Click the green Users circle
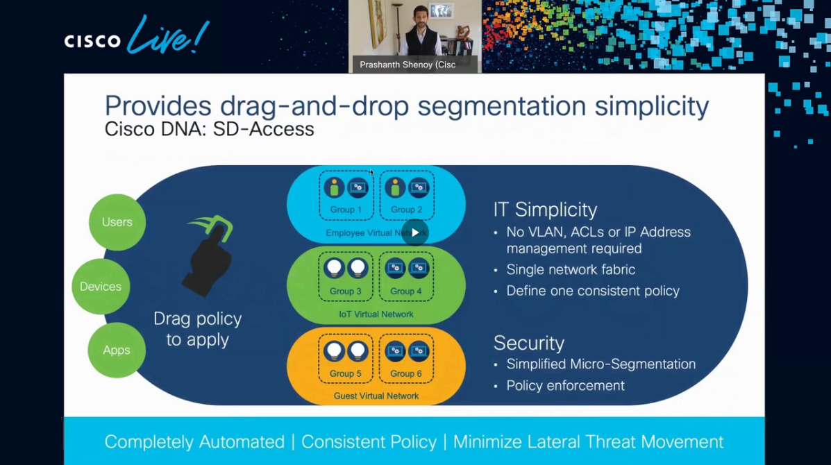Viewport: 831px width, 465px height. click(x=117, y=222)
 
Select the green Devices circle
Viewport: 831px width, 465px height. click(x=101, y=286)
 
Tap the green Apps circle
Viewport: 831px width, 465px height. click(x=117, y=350)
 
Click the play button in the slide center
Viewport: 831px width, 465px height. click(x=415, y=232)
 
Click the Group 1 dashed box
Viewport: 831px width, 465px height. click(x=346, y=194)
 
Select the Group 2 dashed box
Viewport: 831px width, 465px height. click(x=406, y=194)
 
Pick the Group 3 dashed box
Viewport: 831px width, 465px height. click(x=346, y=276)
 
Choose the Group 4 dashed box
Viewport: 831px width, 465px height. click(x=406, y=276)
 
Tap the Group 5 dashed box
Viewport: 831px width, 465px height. click(x=346, y=358)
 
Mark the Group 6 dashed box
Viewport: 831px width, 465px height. click(x=406, y=358)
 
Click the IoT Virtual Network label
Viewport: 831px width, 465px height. click(x=376, y=314)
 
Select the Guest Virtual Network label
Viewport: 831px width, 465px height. click(x=376, y=396)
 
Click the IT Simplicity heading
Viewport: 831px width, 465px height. click(x=545, y=210)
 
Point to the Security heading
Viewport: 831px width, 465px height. click(x=528, y=343)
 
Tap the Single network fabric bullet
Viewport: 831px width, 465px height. click(x=571, y=269)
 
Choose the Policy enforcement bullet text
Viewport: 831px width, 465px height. click(x=565, y=385)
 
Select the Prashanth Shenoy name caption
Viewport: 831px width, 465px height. click(x=408, y=65)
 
